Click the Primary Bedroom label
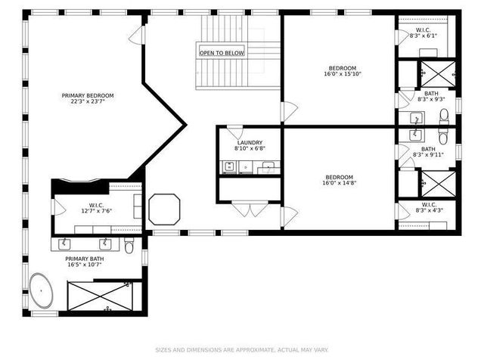(88, 95)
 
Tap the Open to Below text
(222, 53)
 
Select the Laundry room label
(250, 142)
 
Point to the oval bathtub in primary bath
(42, 291)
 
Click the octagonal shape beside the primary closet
(164, 209)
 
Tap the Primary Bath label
(85, 259)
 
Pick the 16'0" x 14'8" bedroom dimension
(340, 182)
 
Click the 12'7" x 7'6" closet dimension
(97, 212)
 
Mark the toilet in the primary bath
(129, 245)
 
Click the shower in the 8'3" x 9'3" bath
(437, 73)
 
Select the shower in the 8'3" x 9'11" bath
(437, 184)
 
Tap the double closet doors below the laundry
(250, 209)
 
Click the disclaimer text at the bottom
(242, 349)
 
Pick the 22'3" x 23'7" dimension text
(88, 101)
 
